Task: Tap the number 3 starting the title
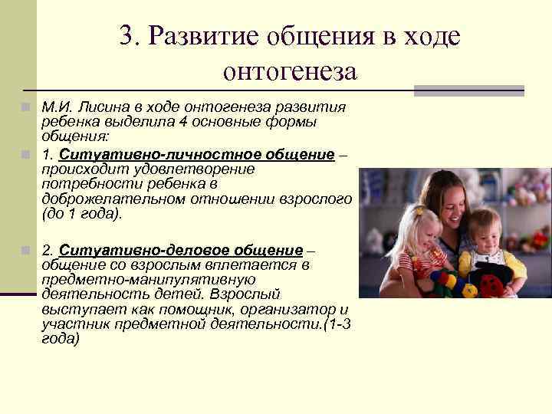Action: [127, 36]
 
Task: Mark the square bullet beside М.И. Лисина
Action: [25, 107]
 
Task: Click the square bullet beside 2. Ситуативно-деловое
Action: [25, 251]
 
